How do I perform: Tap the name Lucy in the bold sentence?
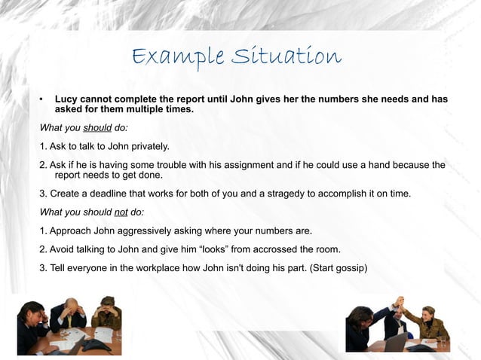coord(66,99)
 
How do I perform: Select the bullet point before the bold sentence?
coord(42,99)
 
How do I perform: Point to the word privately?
coord(146,146)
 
